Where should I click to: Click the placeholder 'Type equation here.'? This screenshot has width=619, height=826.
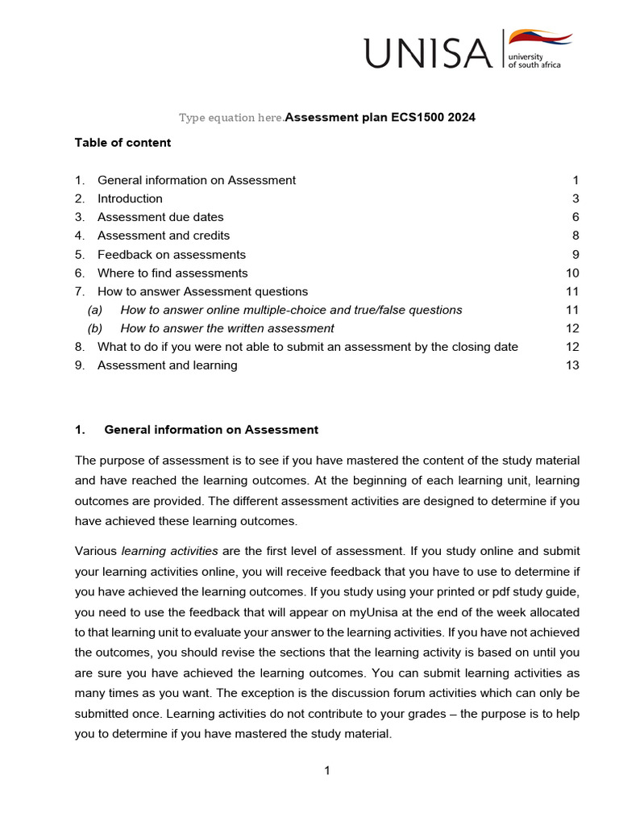coord(231,118)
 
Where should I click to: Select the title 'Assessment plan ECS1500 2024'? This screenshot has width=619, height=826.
coord(380,118)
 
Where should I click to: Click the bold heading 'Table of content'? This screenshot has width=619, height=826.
coord(123,143)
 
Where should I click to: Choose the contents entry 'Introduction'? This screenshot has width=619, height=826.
coord(130,198)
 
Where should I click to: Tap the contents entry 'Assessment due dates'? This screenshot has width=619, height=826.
coord(160,217)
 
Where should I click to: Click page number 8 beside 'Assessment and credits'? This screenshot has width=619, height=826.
coord(575,236)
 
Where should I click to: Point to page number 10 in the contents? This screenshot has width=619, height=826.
coord(572,273)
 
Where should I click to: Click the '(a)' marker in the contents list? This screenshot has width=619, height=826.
coord(95,310)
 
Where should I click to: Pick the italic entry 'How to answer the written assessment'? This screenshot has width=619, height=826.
coord(227,328)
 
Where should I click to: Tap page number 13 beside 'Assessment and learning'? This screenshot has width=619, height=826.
coord(572,365)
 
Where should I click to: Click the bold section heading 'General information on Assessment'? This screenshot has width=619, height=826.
coord(211,430)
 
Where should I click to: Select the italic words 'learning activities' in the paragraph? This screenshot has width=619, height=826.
coord(169,552)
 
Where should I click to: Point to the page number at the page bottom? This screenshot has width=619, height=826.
coord(327,771)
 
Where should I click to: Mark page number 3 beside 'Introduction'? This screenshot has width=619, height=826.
coord(575,198)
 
